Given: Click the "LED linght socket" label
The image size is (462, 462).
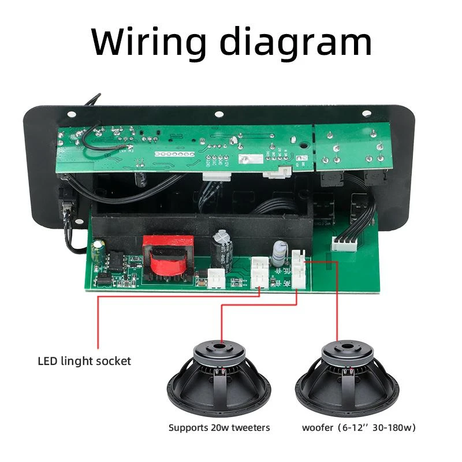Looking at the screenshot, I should tap(84, 362).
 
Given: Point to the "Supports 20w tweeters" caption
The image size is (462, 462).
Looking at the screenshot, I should tap(219, 428).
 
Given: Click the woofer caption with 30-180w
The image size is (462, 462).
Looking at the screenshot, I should tap(358, 428).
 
